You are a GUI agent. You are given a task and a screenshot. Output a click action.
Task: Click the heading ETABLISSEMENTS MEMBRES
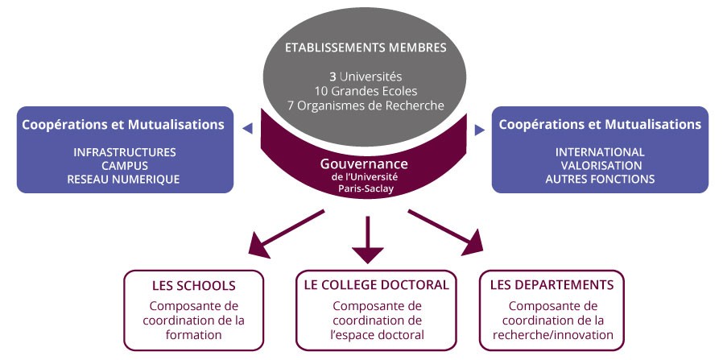coord(366,48)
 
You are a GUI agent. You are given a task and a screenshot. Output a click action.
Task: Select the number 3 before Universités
coord(333,77)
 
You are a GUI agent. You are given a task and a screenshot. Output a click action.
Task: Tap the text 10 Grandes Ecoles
coord(366,91)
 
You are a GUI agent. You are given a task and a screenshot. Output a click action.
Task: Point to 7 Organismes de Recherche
coord(366,106)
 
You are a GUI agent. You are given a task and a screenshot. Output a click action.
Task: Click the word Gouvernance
coord(364,164)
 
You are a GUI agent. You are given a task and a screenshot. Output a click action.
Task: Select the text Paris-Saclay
coord(366,188)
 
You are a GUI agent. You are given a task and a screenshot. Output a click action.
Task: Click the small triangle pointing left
coord(248,129)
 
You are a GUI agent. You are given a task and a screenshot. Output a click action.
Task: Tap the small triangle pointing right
coord(480,130)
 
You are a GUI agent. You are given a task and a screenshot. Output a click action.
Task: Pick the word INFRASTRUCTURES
coord(125,152)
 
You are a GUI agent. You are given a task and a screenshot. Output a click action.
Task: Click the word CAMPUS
coord(125,165)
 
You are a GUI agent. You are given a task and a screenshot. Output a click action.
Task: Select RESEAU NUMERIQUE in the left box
coord(123,180)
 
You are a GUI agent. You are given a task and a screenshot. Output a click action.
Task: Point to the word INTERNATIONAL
coord(600,152)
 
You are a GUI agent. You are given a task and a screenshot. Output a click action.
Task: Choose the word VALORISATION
coord(601,165)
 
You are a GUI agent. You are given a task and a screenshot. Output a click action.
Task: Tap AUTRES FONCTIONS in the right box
coord(600,179)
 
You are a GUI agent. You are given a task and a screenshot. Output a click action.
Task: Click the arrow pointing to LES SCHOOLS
coord(287,234)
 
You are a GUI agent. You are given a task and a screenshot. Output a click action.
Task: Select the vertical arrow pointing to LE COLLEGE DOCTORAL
coord(367,240)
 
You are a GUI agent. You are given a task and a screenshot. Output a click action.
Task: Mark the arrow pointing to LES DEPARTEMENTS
coord(446,232)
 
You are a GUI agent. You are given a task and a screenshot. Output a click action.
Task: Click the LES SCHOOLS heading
coord(194,286)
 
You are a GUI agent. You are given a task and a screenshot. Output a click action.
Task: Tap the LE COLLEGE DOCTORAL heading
coord(377,285)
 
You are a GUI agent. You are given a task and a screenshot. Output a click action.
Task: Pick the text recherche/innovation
coord(553,335)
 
